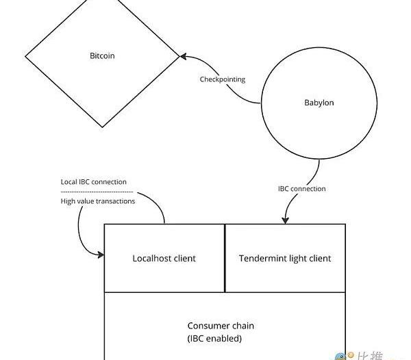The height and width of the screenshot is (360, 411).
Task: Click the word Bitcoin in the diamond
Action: (x=102, y=55)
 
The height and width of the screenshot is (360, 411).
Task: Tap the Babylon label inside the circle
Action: (x=319, y=103)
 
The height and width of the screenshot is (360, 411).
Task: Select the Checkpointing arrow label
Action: (x=222, y=79)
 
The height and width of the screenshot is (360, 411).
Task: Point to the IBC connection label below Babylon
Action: (x=301, y=188)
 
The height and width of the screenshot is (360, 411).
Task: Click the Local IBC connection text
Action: (x=95, y=182)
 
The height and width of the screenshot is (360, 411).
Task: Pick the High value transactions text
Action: (x=97, y=201)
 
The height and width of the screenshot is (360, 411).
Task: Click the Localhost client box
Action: (x=164, y=258)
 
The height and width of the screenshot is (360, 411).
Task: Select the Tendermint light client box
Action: (x=285, y=258)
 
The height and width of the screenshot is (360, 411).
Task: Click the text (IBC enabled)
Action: (x=214, y=338)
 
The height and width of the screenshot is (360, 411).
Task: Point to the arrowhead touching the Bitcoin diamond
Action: (x=184, y=57)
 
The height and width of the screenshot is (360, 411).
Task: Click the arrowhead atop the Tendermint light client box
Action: (x=284, y=220)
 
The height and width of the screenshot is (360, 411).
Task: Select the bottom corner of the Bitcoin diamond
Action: (x=103, y=127)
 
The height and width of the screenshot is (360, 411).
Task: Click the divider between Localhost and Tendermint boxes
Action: (x=225, y=258)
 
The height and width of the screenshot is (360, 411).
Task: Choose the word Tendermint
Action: (x=264, y=258)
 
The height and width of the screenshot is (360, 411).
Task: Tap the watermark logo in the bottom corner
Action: (x=341, y=356)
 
